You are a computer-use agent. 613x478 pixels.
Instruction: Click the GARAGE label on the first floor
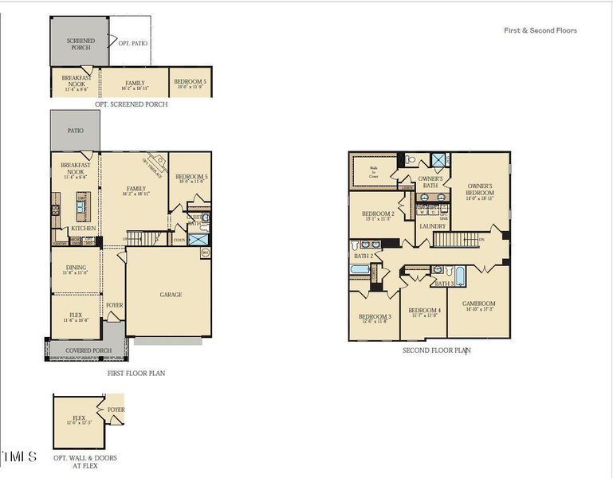(x=171, y=295)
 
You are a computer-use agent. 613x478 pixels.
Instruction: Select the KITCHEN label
(x=84, y=229)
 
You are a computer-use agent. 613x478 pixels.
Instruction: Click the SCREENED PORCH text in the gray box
(x=80, y=44)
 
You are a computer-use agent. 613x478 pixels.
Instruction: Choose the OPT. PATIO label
(x=133, y=43)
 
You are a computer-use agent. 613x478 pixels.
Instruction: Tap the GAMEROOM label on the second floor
(x=479, y=304)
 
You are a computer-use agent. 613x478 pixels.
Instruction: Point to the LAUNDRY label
(x=432, y=226)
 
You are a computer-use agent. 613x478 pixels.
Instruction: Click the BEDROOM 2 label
(x=377, y=214)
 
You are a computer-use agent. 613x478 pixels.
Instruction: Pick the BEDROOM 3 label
(x=375, y=317)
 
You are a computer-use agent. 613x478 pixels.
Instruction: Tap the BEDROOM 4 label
(x=424, y=311)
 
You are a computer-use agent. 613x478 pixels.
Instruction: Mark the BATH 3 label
(x=444, y=284)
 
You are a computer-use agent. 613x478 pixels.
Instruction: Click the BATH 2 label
(x=363, y=256)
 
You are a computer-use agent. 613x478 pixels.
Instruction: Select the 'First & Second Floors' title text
(x=540, y=31)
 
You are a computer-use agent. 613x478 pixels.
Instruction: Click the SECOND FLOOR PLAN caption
(x=435, y=350)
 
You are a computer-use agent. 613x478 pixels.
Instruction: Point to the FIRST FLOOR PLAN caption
(x=136, y=373)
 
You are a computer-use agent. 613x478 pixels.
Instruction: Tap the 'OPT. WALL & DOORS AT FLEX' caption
(x=77, y=462)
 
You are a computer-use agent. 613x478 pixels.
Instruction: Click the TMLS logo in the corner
(x=20, y=456)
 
